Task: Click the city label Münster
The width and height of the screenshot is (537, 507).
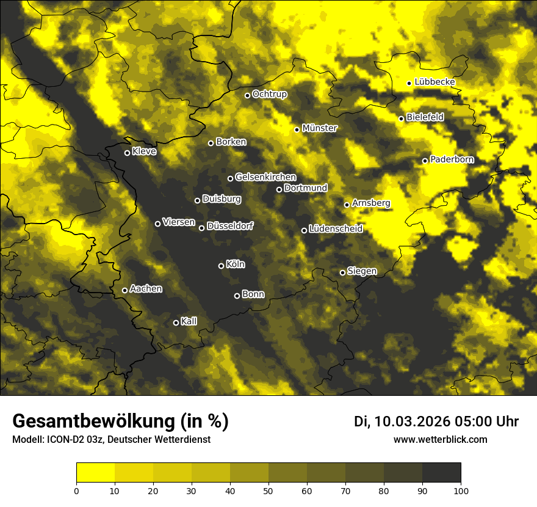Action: [x=320, y=128]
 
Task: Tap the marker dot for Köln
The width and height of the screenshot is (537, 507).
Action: [x=221, y=266]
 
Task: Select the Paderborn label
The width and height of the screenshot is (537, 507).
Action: [x=452, y=159]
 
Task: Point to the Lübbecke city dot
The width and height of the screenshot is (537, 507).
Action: [x=409, y=83]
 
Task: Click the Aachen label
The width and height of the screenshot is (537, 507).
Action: [x=146, y=289]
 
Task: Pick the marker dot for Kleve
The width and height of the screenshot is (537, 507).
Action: [x=127, y=153]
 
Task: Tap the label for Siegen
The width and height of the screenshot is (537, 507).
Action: [x=362, y=271]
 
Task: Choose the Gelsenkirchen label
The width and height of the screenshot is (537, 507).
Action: [x=265, y=177]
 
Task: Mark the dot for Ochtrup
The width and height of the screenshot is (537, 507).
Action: [x=247, y=95]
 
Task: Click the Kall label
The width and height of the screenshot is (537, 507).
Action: [x=189, y=321]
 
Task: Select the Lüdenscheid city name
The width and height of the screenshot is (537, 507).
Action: [x=336, y=229]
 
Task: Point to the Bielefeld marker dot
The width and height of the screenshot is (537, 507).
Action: [x=401, y=119]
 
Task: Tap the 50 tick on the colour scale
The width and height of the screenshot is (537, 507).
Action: [x=268, y=490]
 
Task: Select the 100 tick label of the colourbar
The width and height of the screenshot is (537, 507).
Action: [x=461, y=490]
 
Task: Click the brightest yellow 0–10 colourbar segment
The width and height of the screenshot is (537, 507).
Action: [x=95, y=472]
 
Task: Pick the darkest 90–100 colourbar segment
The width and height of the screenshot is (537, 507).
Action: [x=441, y=472]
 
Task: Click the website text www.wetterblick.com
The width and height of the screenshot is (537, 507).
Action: [x=441, y=440]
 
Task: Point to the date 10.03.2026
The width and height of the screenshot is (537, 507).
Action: [x=412, y=421]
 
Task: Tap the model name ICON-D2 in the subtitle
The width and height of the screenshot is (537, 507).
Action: [x=62, y=440]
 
